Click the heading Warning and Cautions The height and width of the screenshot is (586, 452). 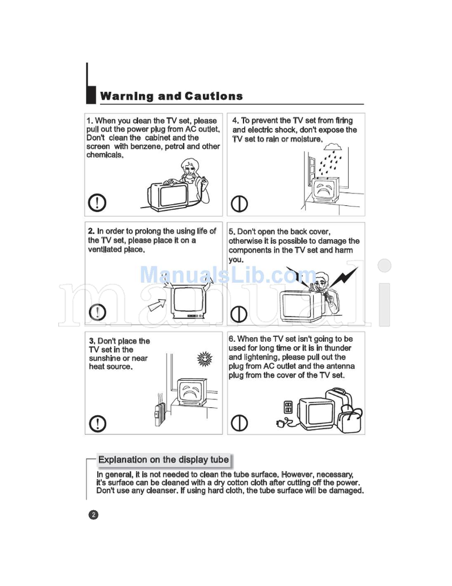pos(171,96)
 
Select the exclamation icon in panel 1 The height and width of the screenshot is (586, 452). pos(98,202)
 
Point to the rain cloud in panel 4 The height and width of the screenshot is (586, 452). pos(332,147)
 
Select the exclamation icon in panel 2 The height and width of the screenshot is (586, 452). pos(98,312)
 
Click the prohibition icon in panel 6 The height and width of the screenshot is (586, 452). pos(240,423)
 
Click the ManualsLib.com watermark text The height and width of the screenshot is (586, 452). pos(220,275)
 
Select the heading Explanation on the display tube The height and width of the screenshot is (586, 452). pos(163,460)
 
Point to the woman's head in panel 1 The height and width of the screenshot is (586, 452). pos(189,167)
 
